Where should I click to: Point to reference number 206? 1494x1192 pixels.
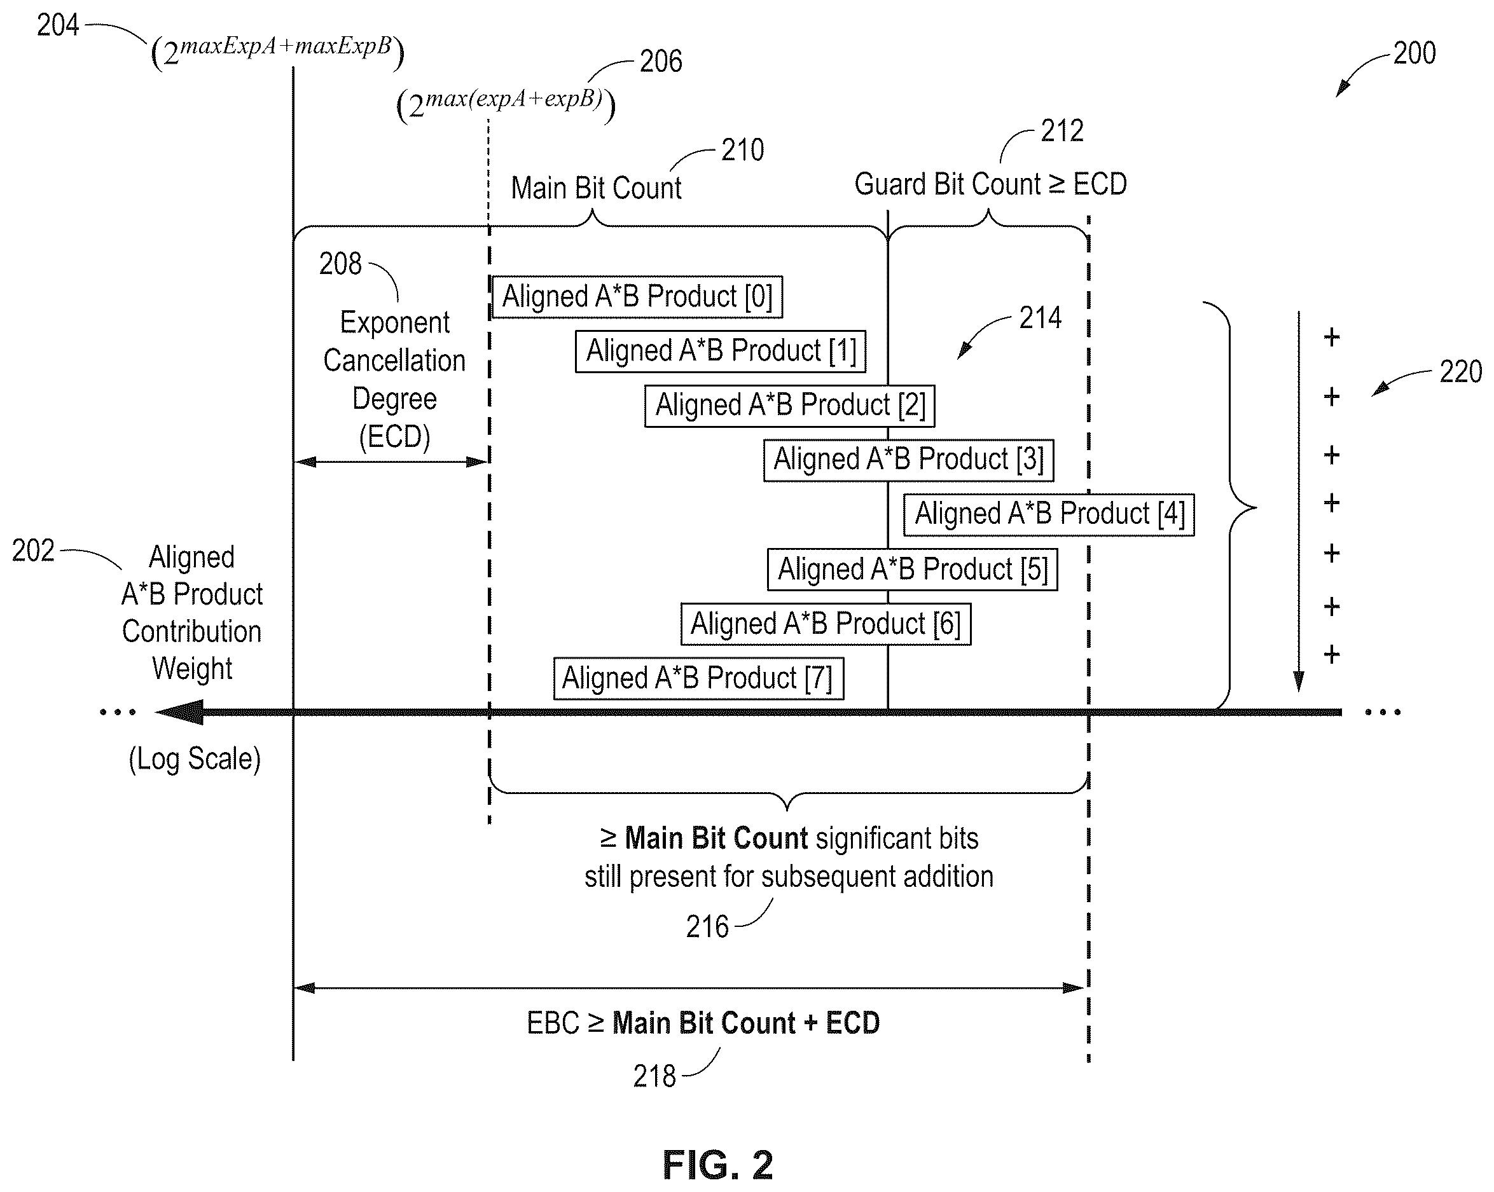point(660,62)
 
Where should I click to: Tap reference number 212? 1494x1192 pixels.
point(1062,131)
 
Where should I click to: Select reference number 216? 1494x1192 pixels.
point(707,927)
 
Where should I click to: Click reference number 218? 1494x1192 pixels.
point(654,1076)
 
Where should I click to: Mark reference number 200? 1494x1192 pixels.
point(1414,53)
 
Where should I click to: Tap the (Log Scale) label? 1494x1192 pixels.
point(195,759)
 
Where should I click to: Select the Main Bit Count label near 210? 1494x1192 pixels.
point(596,188)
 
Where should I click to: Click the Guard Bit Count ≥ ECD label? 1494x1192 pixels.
point(990,184)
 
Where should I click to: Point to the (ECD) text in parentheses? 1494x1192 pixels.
point(394,437)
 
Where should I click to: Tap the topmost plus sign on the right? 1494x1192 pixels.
point(1331,338)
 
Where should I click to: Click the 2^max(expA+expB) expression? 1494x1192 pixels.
point(506,104)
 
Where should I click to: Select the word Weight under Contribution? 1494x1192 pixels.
point(192,669)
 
